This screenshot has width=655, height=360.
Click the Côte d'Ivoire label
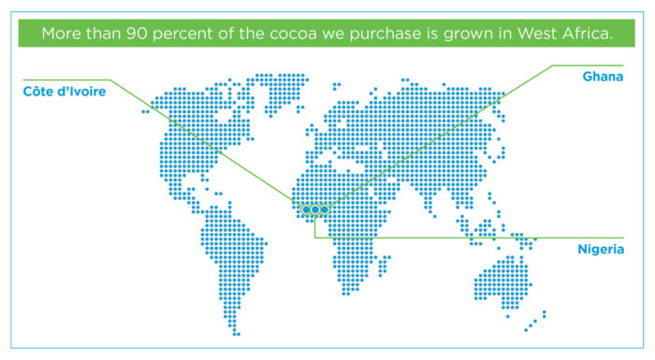tap(65, 92)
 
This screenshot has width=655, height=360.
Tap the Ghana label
tap(603, 77)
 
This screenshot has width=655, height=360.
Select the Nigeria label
tap(601, 250)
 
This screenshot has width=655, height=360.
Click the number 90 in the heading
tap(137, 34)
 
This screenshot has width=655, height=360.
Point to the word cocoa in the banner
tap(293, 34)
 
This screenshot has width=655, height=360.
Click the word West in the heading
tap(537, 34)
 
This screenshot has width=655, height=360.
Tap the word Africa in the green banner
tap(587, 34)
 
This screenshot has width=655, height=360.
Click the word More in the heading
tap(62, 34)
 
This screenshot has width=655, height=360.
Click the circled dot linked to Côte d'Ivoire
tap(306, 209)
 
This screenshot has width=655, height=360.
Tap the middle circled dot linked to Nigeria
tap(315, 209)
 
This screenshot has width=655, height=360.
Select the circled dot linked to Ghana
tap(324, 209)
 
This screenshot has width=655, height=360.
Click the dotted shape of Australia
tap(502, 282)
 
